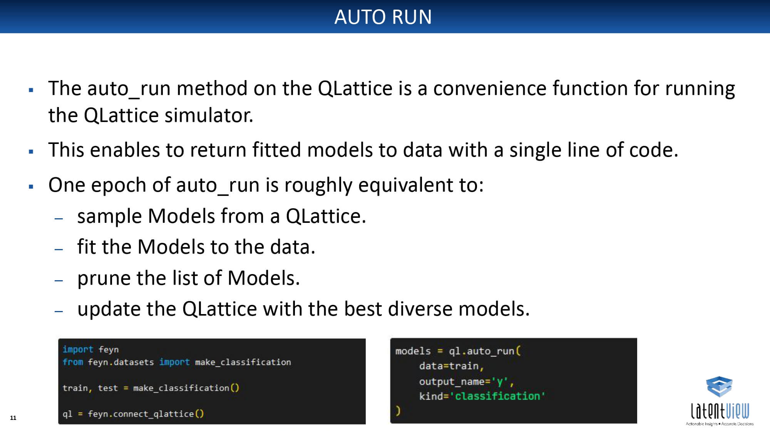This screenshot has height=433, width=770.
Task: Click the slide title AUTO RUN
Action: (383, 17)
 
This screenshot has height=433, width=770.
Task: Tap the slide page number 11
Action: (13, 418)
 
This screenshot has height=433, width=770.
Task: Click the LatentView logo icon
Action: (719, 386)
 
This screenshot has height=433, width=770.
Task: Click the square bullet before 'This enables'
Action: (31, 152)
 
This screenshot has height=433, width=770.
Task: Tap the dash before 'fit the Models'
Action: (59, 249)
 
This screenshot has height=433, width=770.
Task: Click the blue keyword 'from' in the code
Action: (73, 362)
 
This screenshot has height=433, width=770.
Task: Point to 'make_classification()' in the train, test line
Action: (186, 388)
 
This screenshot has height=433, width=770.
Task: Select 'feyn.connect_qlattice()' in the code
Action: (146, 414)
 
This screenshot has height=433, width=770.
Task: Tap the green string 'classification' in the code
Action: (497, 396)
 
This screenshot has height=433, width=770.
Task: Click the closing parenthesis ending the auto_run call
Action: (398, 411)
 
